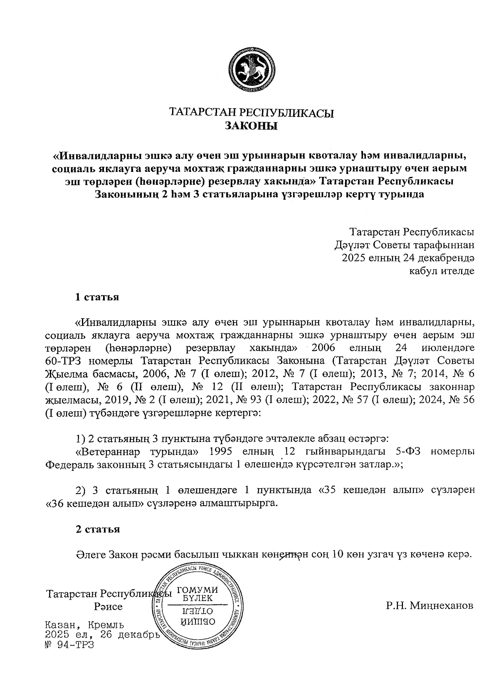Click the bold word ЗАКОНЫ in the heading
pos(251,125)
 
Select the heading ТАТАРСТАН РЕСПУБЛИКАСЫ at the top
pos(251,113)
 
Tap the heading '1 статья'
pos(97,297)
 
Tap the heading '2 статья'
pos(97,529)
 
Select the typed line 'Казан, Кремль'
pos(84,625)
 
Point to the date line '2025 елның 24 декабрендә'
pos(408,258)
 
